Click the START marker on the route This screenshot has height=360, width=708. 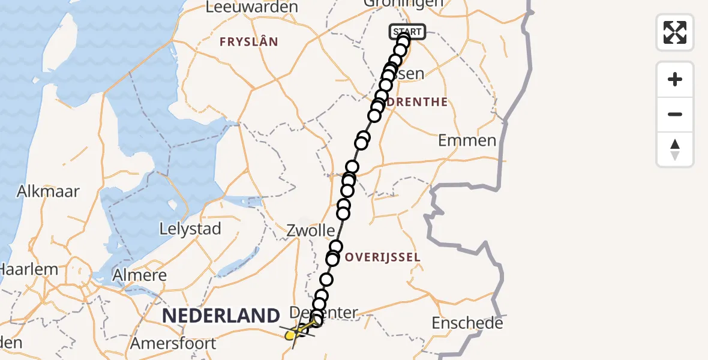(408, 32)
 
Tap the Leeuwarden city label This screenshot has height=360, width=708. (251, 7)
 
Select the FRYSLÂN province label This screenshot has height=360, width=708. (248, 42)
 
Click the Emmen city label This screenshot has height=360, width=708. (467, 140)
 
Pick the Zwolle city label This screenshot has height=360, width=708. (310, 230)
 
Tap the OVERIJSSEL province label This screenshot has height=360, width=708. (383, 257)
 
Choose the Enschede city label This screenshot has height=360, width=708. (467, 323)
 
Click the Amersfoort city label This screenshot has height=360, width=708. (173, 344)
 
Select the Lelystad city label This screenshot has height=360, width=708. (190, 229)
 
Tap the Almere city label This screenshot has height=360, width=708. (139, 275)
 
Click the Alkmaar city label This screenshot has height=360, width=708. (49, 191)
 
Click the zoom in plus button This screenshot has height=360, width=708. (675, 79)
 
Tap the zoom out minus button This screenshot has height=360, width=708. (675, 114)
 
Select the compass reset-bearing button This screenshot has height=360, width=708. (675, 149)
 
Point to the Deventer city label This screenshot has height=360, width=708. (324, 313)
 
